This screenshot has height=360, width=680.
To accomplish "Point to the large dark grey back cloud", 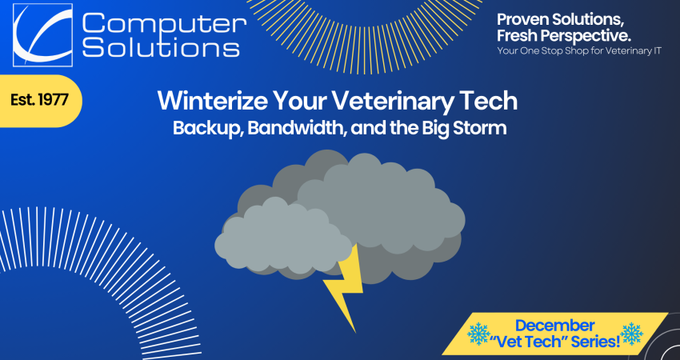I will (x=392, y=200).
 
